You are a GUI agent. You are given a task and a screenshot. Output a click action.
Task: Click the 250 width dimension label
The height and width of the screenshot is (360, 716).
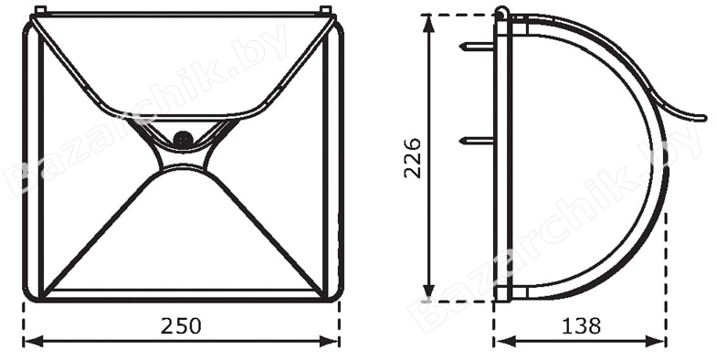(x=181, y=326)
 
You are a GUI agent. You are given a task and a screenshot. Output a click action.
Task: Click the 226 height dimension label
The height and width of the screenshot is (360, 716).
(x=413, y=157)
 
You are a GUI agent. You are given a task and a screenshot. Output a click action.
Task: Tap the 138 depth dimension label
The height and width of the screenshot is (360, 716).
(x=581, y=326)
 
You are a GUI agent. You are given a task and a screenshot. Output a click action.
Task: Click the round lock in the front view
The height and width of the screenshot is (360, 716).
(x=184, y=139)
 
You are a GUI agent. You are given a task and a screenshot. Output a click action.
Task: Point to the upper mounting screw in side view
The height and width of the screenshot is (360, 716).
(x=477, y=46)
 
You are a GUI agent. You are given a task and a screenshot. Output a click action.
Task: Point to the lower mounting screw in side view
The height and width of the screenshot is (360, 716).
(x=477, y=141)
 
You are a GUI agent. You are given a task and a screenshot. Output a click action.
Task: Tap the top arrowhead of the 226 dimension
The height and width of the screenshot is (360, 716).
(x=428, y=25)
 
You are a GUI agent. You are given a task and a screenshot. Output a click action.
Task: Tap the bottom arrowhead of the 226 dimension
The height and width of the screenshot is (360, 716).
(x=428, y=291)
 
